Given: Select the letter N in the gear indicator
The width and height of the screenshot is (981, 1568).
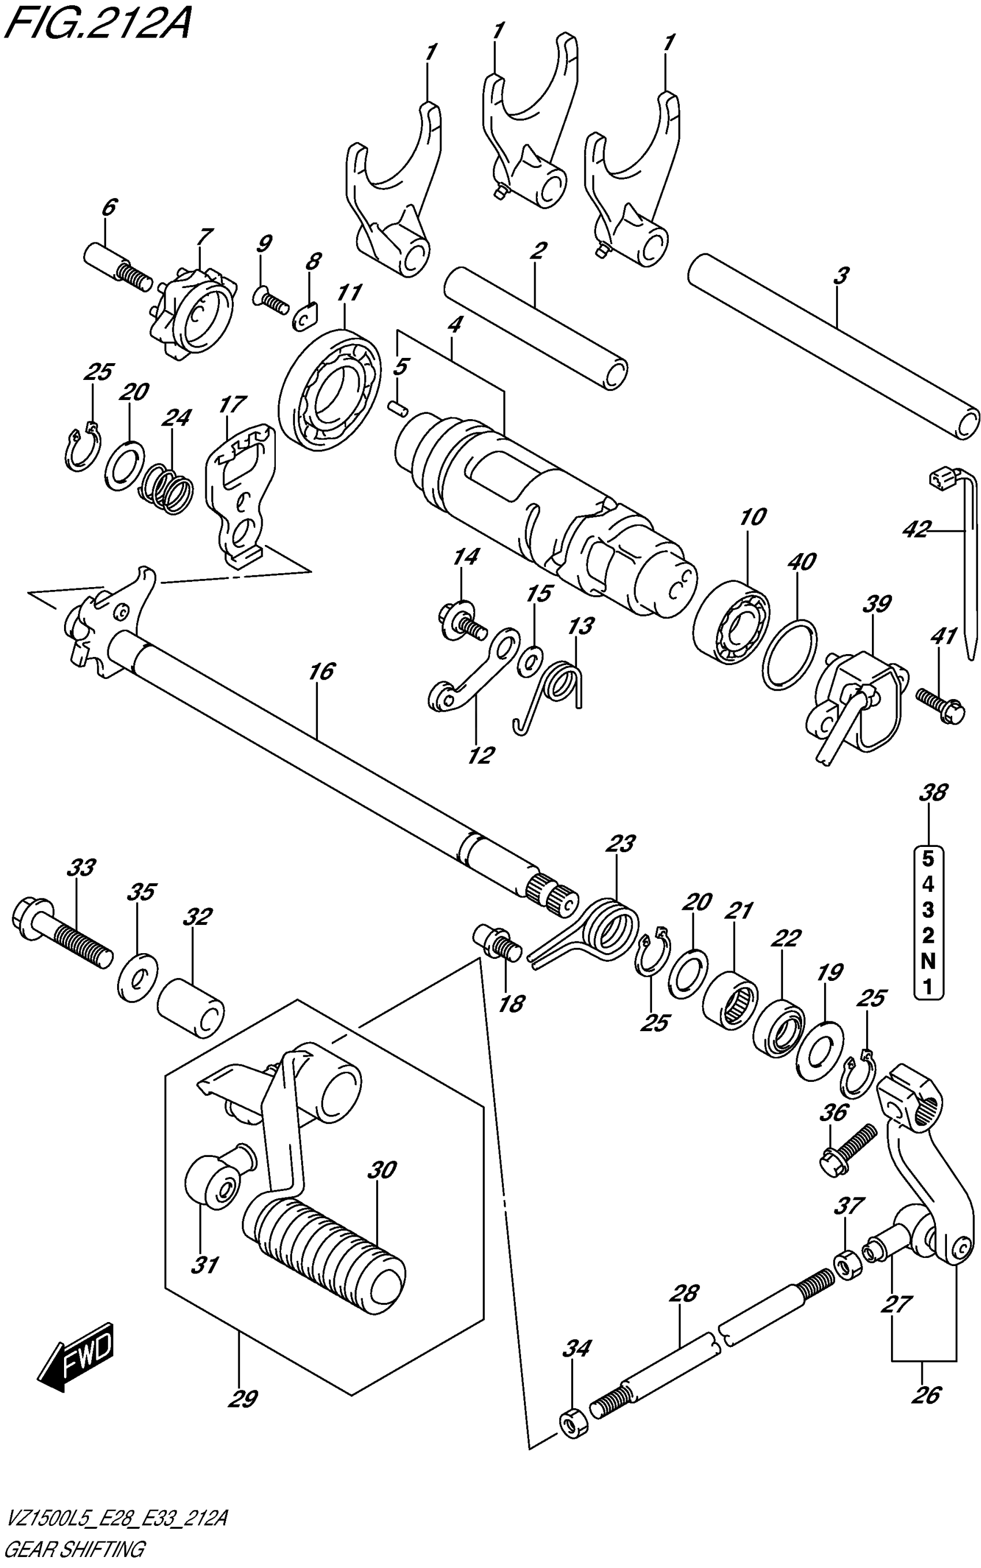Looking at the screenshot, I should [x=928, y=961].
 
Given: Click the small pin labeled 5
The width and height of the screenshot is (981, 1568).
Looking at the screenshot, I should [x=397, y=406].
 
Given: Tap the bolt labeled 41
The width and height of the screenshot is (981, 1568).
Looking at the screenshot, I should [x=938, y=702].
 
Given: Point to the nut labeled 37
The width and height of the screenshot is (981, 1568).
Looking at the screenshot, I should [x=847, y=1265].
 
